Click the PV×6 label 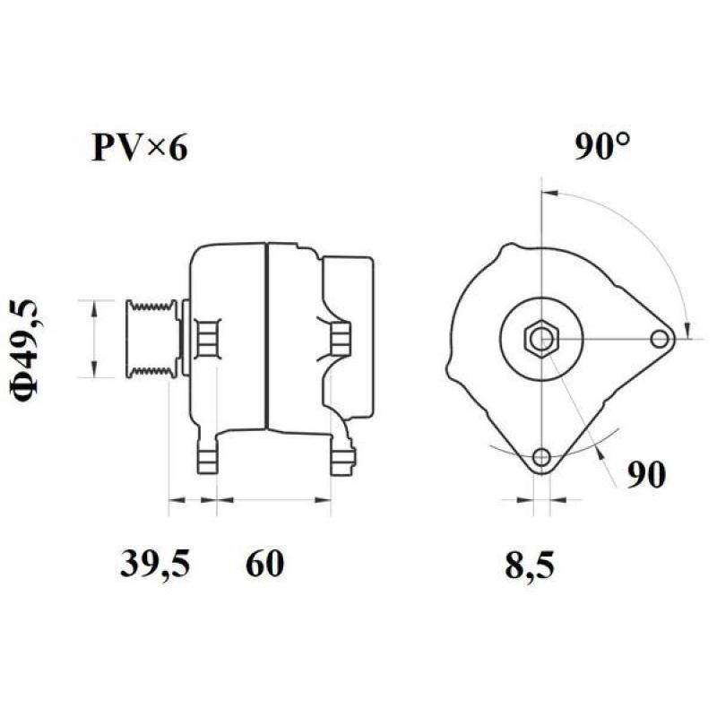pyautogui.click(x=139, y=147)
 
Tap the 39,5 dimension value pyautogui.click(x=155, y=564)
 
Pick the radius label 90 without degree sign pyautogui.click(x=645, y=475)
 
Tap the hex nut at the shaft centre pyautogui.click(x=541, y=339)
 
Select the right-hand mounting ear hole pyautogui.click(x=661, y=339)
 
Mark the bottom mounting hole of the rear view pyautogui.click(x=541, y=458)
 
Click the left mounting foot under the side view pyautogui.click(x=207, y=457)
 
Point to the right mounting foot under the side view pyautogui.click(x=341, y=459)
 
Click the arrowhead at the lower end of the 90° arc pyautogui.click(x=687, y=330)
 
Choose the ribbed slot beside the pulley pyautogui.click(x=207, y=340)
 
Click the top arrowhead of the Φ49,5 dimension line pyautogui.click(x=94, y=305)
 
